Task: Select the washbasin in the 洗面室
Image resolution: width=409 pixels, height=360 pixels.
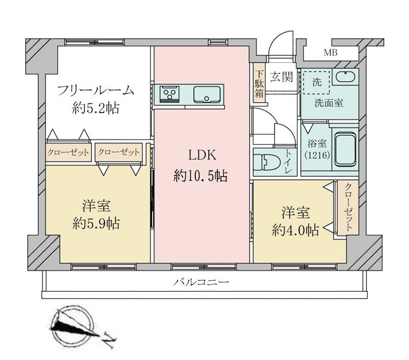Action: tap(345, 77)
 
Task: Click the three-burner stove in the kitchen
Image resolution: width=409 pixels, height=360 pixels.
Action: tap(170, 93)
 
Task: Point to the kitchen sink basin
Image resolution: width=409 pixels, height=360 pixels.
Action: tap(207, 94)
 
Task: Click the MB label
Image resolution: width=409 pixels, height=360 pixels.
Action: tap(330, 53)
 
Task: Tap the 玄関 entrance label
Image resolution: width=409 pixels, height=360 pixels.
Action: tap(281, 77)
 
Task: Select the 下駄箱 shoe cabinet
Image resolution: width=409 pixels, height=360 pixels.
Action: tap(259, 84)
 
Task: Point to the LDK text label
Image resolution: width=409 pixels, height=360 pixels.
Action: tap(202, 155)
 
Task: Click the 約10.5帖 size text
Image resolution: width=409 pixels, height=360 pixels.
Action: tap(200, 176)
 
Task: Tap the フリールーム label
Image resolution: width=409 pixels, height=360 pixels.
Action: tap(96, 90)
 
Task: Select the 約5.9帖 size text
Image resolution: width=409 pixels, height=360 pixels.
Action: tap(96, 224)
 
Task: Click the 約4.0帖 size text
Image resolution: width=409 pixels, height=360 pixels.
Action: tap(296, 230)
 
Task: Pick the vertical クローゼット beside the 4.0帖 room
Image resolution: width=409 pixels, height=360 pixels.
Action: tap(348, 208)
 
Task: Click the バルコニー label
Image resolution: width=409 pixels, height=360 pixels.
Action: tap(201, 282)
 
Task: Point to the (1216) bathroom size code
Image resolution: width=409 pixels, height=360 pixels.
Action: tap(317, 155)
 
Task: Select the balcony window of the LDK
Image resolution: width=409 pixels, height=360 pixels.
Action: tap(203, 267)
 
